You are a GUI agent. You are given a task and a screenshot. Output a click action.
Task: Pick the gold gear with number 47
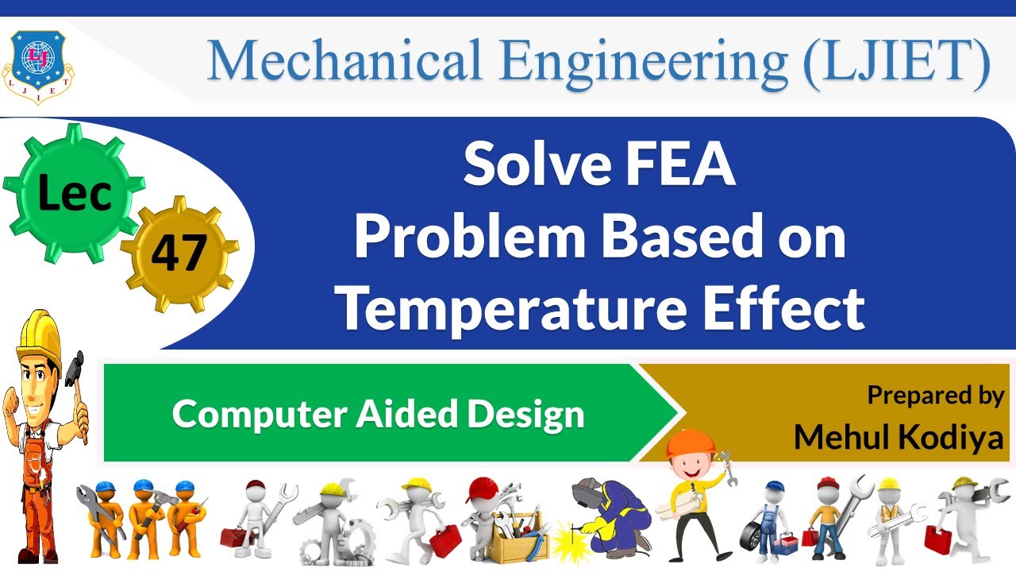pos(179,253)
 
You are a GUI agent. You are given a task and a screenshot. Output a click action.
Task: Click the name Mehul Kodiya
pos(899,436)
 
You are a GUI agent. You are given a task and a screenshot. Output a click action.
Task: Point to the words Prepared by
pos(935,396)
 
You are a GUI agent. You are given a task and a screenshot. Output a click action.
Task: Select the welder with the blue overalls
pos(612,512)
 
